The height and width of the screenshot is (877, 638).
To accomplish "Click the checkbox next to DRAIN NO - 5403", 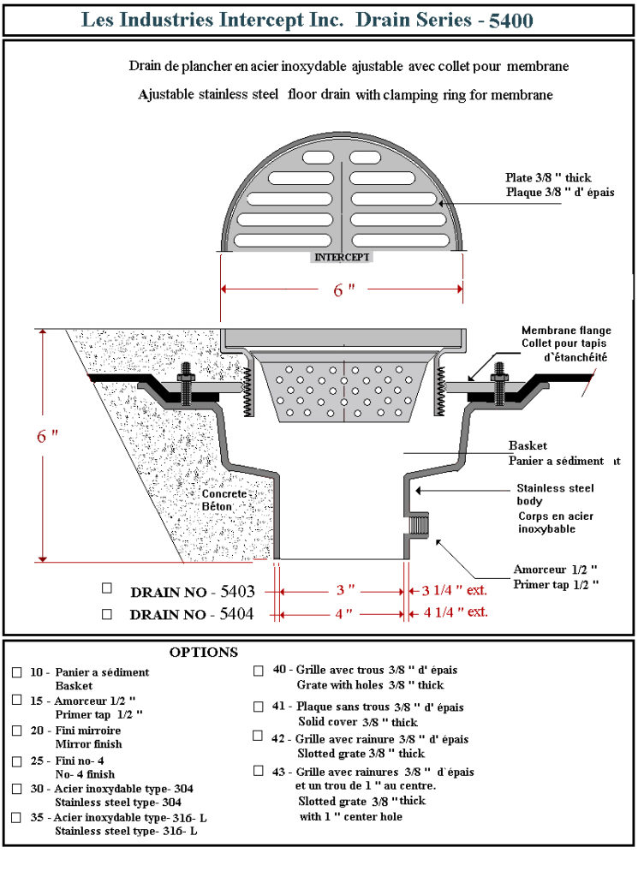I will [107, 588].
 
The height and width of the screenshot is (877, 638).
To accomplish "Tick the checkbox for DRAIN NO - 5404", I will [107, 613].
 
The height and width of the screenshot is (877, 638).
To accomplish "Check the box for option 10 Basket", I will [17, 672].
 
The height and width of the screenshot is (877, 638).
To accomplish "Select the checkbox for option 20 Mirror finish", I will [17, 731].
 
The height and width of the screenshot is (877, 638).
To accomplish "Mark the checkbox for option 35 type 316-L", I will [17, 817].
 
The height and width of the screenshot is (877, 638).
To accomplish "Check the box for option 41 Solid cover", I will [259, 707].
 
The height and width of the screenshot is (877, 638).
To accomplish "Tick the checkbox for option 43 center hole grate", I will [259, 771].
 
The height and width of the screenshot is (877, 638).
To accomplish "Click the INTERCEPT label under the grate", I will [343, 256].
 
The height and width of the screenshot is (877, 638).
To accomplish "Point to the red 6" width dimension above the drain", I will [343, 289].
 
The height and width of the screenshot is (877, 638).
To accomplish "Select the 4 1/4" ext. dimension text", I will [454, 612].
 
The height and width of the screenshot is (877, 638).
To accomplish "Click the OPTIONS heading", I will [203, 653].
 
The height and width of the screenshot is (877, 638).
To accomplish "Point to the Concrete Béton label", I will [224, 500].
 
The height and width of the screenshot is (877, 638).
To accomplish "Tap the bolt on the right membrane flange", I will [498, 382].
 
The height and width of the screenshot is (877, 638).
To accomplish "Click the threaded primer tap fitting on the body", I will [420, 522].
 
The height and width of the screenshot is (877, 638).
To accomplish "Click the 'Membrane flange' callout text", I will [566, 331].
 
